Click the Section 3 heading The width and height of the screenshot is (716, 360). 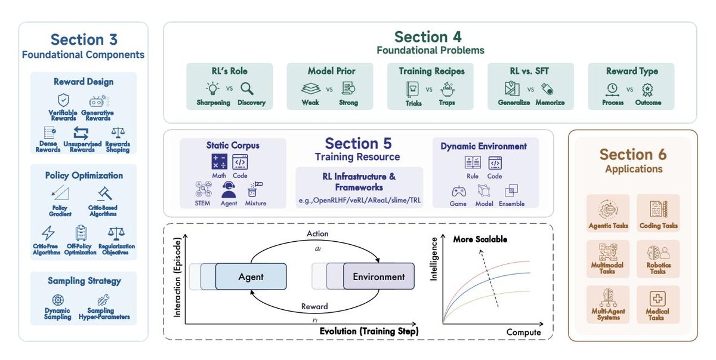(x=84, y=40)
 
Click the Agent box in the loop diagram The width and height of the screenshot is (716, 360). (x=251, y=277)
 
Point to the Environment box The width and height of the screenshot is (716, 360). (x=378, y=277)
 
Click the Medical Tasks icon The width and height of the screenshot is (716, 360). (x=657, y=299)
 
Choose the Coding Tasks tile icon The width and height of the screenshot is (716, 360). (x=657, y=208)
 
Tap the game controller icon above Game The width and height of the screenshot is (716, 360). (x=458, y=191)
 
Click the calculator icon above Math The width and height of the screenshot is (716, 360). (x=219, y=162)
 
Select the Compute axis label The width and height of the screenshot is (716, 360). (x=523, y=332)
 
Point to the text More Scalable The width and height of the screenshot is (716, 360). (x=480, y=239)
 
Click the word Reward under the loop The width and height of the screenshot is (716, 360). (x=314, y=306)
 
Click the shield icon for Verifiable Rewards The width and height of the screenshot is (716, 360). (x=63, y=100)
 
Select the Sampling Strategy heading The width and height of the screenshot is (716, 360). (x=84, y=281)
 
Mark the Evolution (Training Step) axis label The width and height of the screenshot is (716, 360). (x=369, y=331)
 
